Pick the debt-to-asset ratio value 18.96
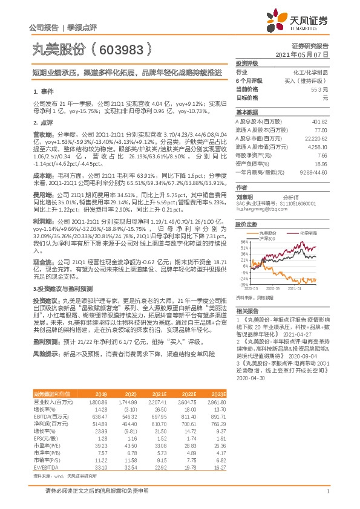click(x=321, y=163)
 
